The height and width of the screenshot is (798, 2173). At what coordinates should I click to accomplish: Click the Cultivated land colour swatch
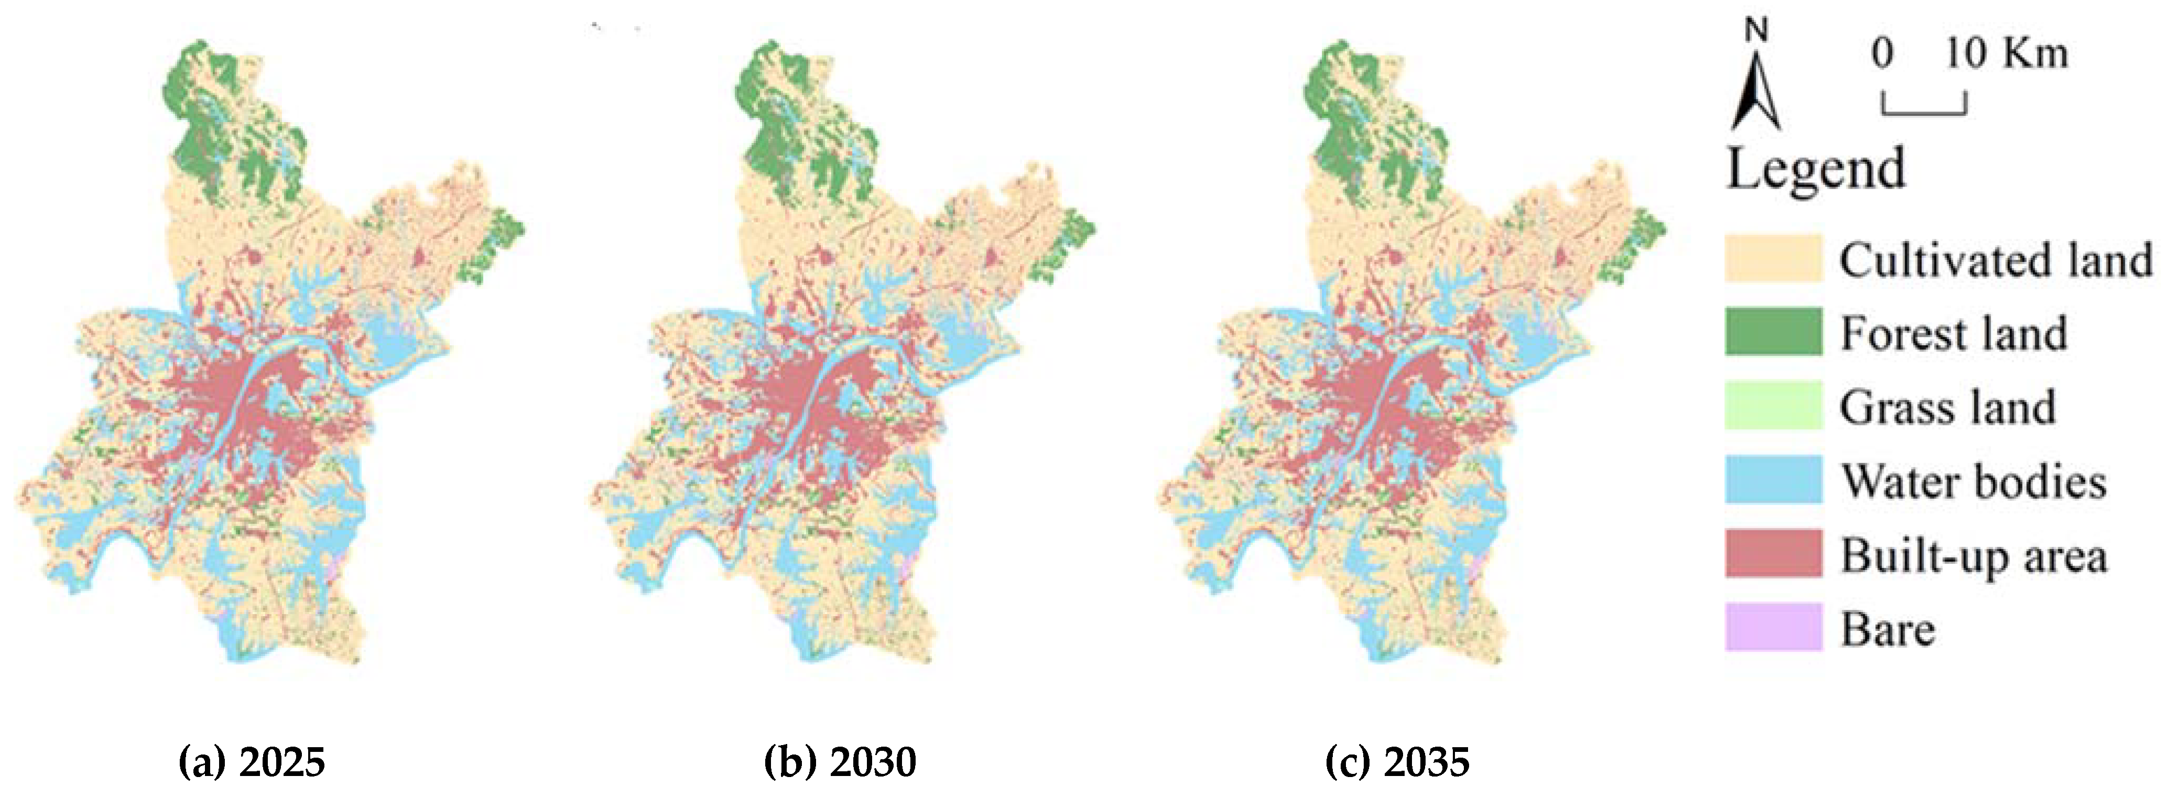point(1773,258)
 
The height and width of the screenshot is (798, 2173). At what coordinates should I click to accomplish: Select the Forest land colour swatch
point(1773,332)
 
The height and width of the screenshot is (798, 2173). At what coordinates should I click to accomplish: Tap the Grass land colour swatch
point(1773,406)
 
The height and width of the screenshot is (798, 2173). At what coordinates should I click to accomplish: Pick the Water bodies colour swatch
point(1773,479)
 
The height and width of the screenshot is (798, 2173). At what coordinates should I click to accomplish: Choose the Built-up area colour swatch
point(1773,553)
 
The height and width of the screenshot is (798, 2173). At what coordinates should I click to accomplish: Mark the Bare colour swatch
point(1773,627)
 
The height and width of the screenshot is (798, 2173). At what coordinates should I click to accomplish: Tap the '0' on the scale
point(1882,54)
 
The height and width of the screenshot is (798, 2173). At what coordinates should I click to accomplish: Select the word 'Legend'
point(1816,169)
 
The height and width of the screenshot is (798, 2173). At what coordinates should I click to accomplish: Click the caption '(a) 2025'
point(252,762)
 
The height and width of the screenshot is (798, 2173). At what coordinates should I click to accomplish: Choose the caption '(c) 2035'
point(1397,762)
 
